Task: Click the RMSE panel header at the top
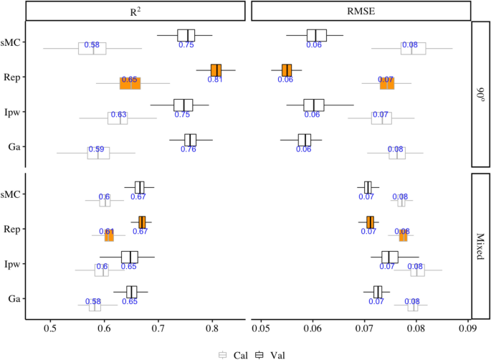click(361, 11)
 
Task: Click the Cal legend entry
click(229, 354)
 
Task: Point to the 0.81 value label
click(215, 79)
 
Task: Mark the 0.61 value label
click(107, 232)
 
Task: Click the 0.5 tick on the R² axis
click(50, 329)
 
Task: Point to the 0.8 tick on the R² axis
click(211, 329)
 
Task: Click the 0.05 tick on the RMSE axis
click(260, 329)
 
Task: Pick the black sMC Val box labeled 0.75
click(186, 35)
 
